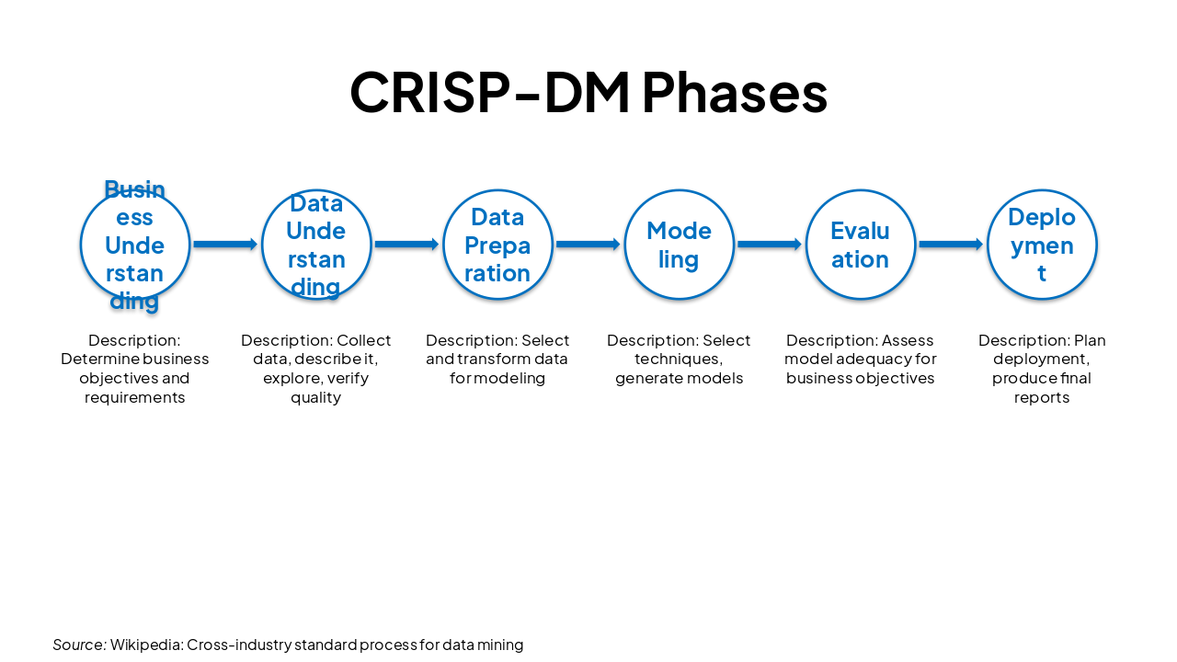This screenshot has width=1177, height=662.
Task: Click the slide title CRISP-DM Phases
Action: click(x=588, y=92)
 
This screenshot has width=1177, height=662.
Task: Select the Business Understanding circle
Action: click(x=135, y=245)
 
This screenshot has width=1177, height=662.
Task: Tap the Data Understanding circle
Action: click(x=316, y=245)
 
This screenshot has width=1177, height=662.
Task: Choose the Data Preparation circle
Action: click(x=497, y=245)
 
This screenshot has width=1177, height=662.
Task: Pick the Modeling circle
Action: click(x=679, y=245)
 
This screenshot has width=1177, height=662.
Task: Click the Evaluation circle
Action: click(x=860, y=245)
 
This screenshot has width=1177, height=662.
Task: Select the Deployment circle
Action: click(x=1042, y=245)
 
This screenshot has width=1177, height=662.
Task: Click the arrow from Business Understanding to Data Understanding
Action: click(x=225, y=245)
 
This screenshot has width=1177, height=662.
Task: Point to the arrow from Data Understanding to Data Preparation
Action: click(x=406, y=245)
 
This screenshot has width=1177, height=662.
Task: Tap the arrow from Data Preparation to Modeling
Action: click(x=588, y=245)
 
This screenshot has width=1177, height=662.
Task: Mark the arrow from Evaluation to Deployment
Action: click(x=951, y=245)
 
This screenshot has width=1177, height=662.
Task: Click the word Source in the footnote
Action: click(x=78, y=645)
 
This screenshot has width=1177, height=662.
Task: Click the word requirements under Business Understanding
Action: click(x=135, y=397)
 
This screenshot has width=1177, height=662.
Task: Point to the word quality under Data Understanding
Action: click(x=315, y=397)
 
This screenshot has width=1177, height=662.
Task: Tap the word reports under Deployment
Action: click(x=1042, y=397)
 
